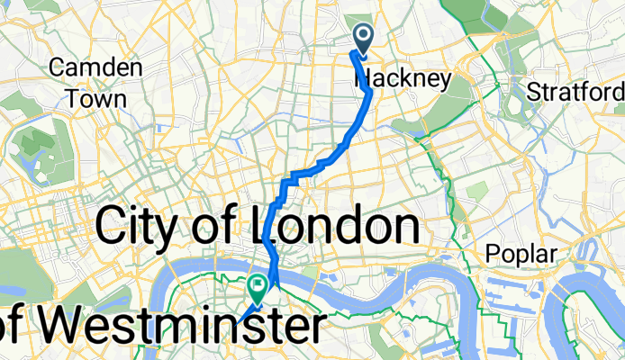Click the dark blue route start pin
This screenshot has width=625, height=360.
pyautogui.click(x=364, y=38)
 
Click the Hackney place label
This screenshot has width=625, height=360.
pyautogui.click(x=403, y=79)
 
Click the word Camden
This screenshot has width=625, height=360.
pyautogui.click(x=96, y=67)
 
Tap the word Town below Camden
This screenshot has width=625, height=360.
pyautogui.click(x=96, y=98)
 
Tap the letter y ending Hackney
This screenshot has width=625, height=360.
pyautogui.click(x=443, y=82)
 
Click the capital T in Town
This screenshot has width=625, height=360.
pyautogui.click(x=74, y=98)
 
